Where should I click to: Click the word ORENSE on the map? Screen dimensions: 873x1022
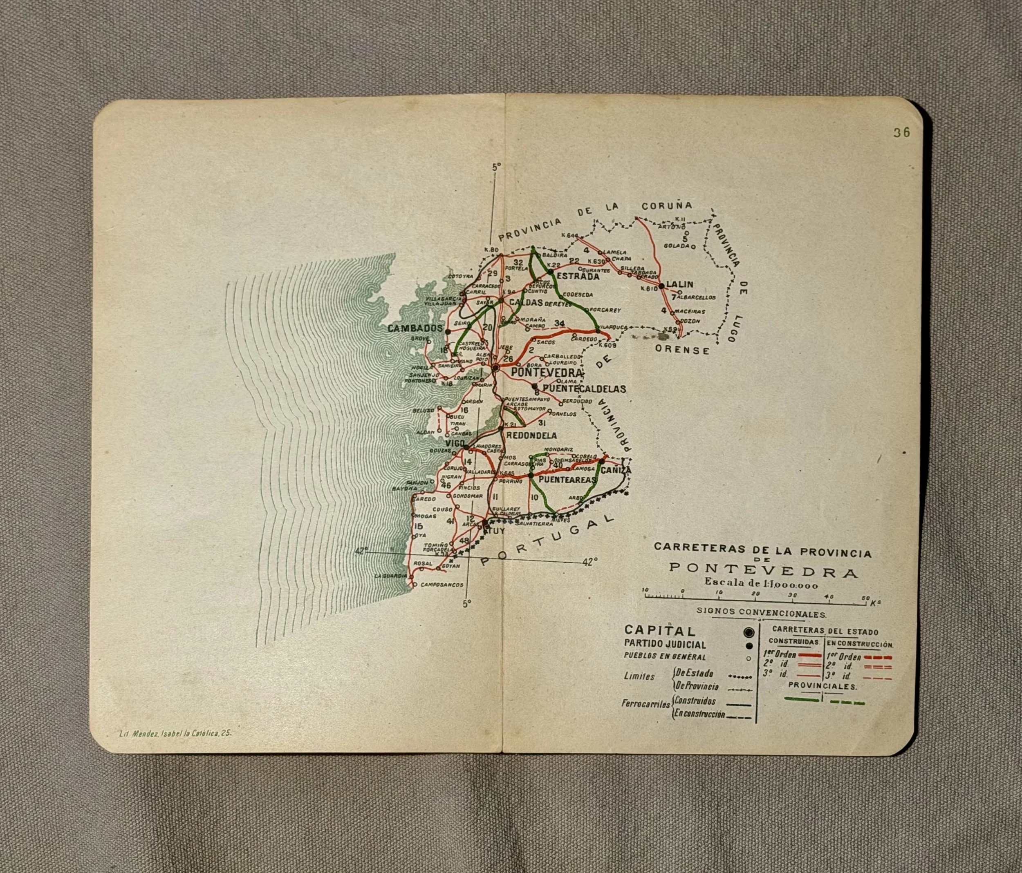[682, 350]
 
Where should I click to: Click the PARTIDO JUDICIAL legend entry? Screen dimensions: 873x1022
[665, 644]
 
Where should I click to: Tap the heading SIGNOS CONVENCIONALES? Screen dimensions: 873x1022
[761, 614]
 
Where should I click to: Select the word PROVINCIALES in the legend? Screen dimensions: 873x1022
[823, 685]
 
